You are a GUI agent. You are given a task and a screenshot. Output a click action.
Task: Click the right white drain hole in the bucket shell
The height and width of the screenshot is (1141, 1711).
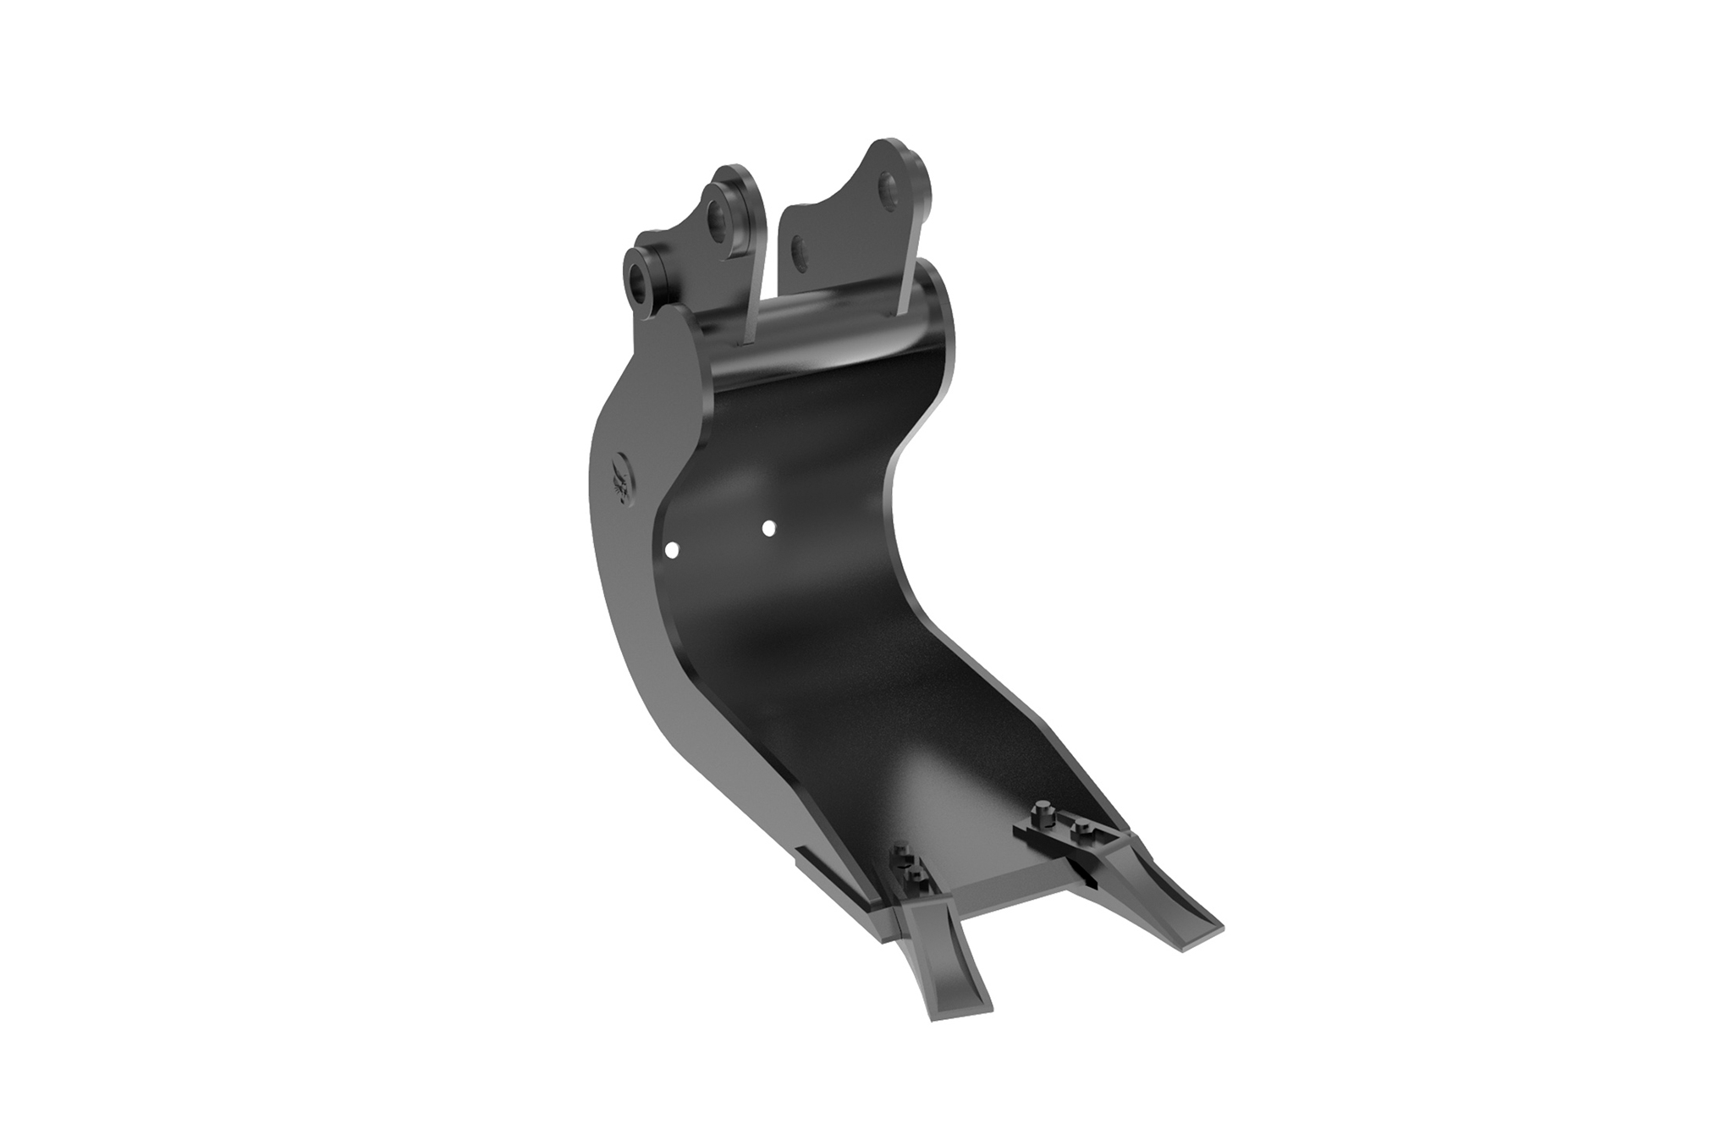(768, 528)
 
